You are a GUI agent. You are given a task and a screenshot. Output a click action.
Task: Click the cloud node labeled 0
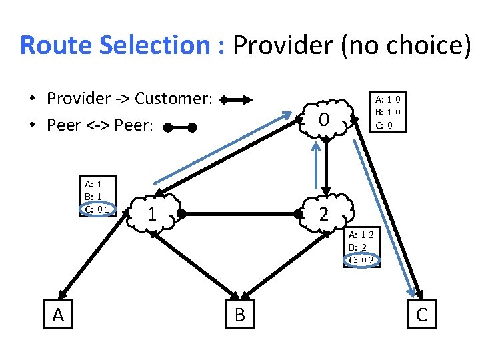coord(325,120)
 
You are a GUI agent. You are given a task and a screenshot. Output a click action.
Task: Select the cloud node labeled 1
coord(152,215)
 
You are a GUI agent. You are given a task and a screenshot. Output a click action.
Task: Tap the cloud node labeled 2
coord(325,214)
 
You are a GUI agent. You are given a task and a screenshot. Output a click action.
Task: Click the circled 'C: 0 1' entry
coord(97,209)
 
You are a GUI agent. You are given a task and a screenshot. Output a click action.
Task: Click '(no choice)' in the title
coord(406,45)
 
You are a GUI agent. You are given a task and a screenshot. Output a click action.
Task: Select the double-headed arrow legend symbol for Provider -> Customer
coord(236,101)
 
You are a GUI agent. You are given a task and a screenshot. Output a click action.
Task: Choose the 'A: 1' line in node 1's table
coord(93,184)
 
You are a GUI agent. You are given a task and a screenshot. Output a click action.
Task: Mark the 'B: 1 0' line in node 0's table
coord(387,112)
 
